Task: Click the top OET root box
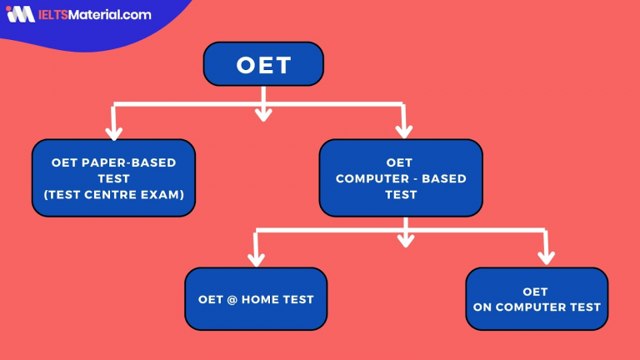tap(263, 64)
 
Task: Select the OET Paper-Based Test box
tap(113, 178)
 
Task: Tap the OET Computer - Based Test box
tap(401, 178)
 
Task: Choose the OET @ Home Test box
tap(256, 299)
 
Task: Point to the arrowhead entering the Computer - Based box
tap(404, 131)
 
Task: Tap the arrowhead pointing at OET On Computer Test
tap(547, 257)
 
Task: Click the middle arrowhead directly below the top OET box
tap(263, 113)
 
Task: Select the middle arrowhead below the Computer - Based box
tap(405, 240)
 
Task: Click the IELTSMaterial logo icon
tap(17, 14)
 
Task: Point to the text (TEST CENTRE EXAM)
tap(113, 195)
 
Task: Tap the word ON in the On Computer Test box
tap(482, 307)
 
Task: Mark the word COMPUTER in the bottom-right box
tap(531, 307)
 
